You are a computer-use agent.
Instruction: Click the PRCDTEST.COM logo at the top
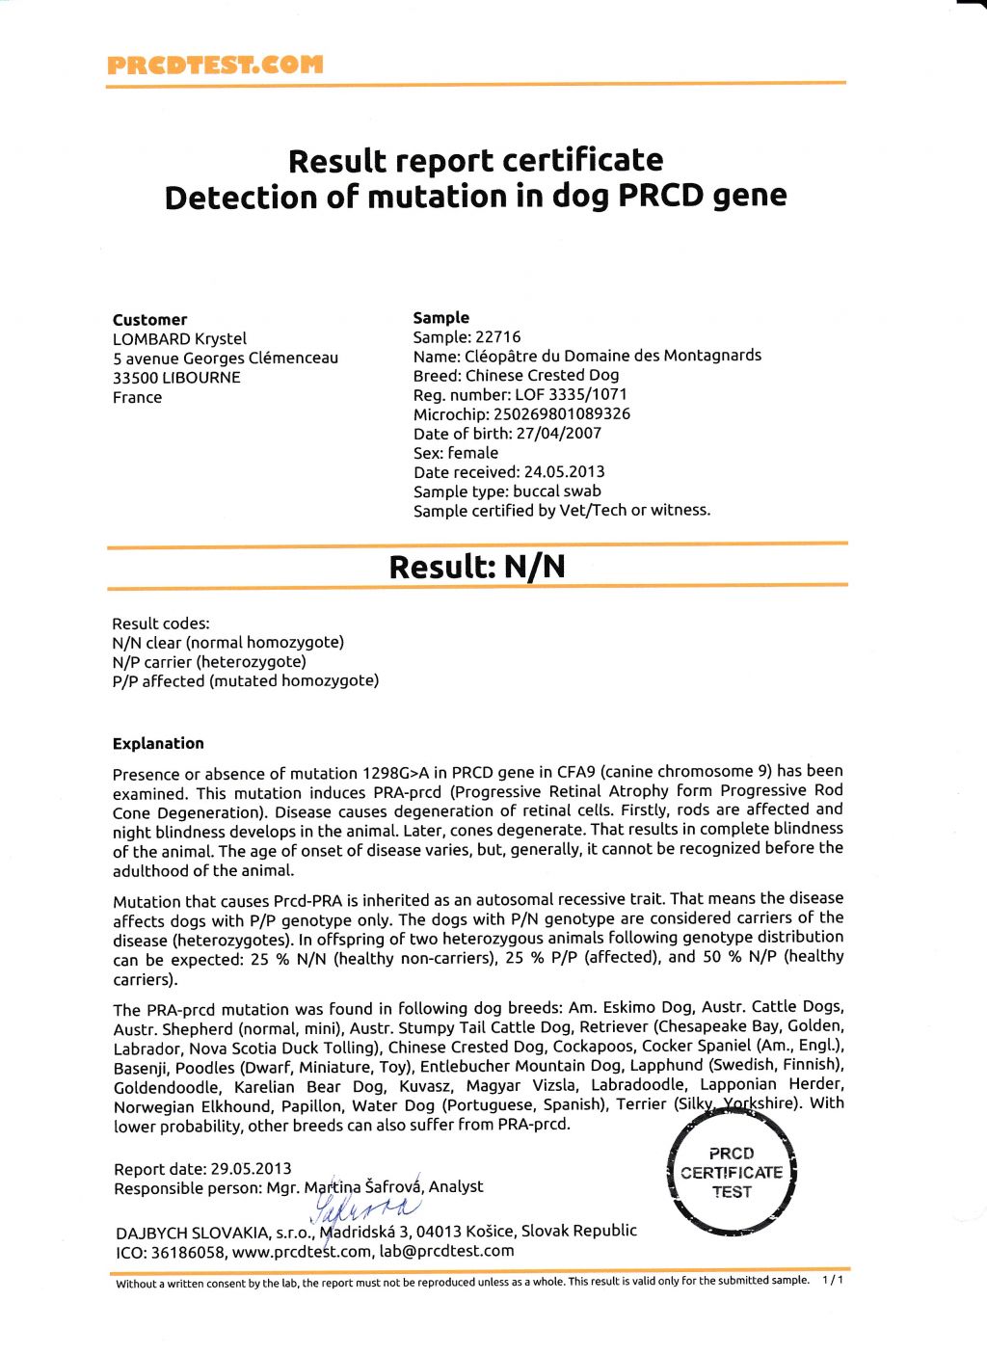[x=215, y=66]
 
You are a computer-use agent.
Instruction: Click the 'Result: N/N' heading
[x=476, y=566]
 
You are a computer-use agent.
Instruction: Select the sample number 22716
[x=497, y=337]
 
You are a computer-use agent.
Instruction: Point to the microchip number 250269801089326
[x=562, y=414]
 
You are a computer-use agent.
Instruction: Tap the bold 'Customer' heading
[x=149, y=320]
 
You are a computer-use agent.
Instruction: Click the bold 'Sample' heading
[x=441, y=318]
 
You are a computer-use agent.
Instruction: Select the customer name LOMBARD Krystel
[x=179, y=339]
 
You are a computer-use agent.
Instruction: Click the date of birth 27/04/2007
[x=559, y=434]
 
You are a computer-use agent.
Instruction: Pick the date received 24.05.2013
[x=564, y=472]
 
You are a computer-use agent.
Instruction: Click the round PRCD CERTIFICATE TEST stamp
[x=732, y=1173]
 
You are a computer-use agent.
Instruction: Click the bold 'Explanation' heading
[x=158, y=744]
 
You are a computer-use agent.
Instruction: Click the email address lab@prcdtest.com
[x=446, y=1251]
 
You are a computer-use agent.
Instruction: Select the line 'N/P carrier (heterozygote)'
[x=209, y=662]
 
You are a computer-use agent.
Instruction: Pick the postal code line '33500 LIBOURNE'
[x=176, y=378]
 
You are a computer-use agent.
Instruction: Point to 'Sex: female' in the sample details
[x=456, y=453]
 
